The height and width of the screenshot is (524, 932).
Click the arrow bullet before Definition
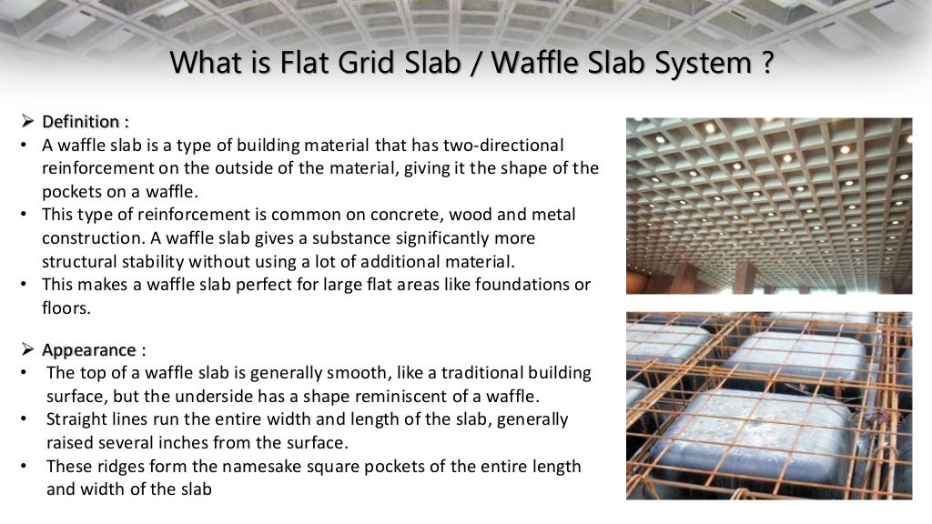click(26, 121)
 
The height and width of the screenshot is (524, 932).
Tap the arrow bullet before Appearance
click(26, 350)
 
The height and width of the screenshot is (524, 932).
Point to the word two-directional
click(506, 145)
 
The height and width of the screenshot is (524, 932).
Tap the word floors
click(66, 307)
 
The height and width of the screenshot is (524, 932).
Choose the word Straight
click(77, 419)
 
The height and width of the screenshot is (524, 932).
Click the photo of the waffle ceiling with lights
click(769, 206)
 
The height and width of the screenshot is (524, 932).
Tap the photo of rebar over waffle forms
click(769, 406)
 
